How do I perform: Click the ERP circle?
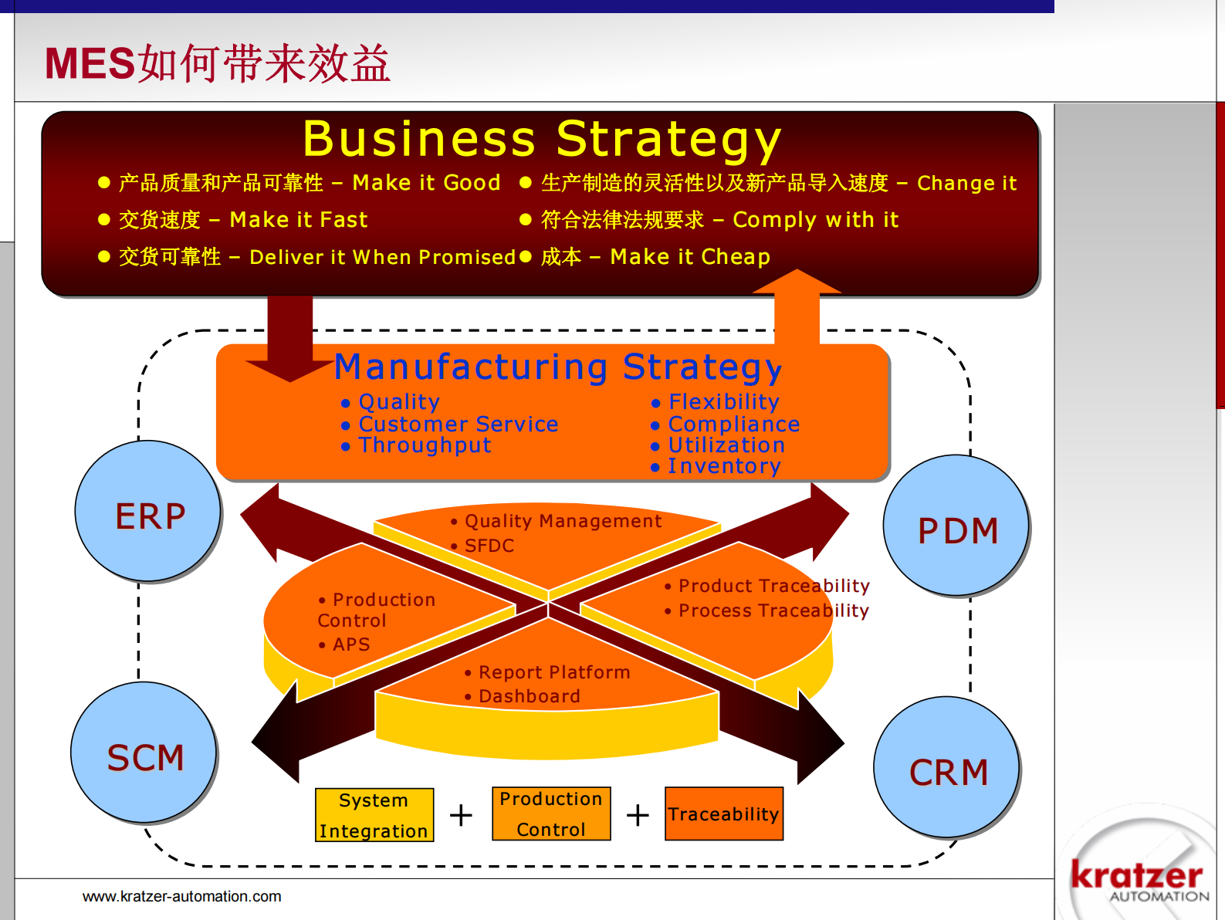[148, 512]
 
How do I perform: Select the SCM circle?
[144, 753]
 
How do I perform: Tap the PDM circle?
[956, 526]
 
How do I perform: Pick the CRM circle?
[947, 768]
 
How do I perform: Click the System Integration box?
[374, 815]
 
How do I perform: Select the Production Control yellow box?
[551, 813]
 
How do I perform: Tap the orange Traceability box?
[723, 813]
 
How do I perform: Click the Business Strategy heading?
[542, 139]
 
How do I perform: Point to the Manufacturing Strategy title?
[557, 367]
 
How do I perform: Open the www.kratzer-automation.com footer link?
[182, 896]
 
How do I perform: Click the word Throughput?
[425, 445]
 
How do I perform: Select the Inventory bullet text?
[724, 466]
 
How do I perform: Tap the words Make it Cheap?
[690, 256]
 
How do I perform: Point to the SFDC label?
[489, 546]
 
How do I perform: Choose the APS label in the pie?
[351, 644]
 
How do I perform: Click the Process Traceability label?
[773, 611]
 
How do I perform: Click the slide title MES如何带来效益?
[218, 63]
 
